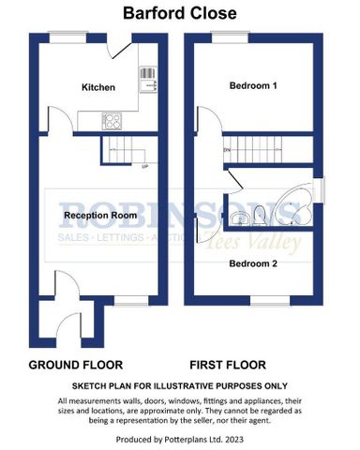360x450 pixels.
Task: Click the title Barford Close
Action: (x=180, y=14)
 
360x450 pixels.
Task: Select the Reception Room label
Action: (x=100, y=215)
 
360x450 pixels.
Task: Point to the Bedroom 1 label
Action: (x=254, y=85)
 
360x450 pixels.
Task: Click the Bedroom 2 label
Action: (x=254, y=262)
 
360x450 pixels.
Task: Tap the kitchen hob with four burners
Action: (x=111, y=120)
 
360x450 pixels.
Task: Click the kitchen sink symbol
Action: (x=146, y=80)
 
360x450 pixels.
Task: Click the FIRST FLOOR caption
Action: (x=227, y=364)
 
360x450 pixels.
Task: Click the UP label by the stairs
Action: (x=143, y=167)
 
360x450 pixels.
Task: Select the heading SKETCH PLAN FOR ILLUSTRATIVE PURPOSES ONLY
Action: (x=180, y=385)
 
